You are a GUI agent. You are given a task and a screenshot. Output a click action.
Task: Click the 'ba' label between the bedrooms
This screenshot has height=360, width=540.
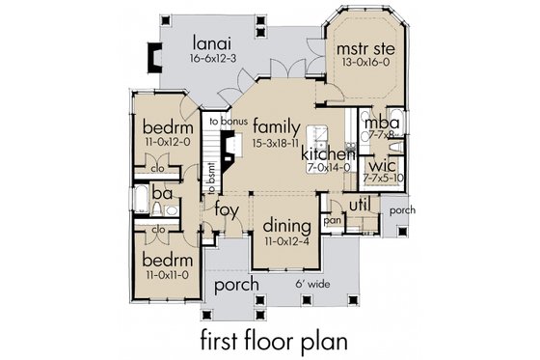(x=161, y=193)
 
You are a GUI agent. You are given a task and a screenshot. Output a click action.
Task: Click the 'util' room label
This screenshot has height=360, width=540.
(x=359, y=205)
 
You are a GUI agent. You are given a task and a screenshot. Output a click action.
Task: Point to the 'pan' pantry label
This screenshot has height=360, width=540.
(x=334, y=220)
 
